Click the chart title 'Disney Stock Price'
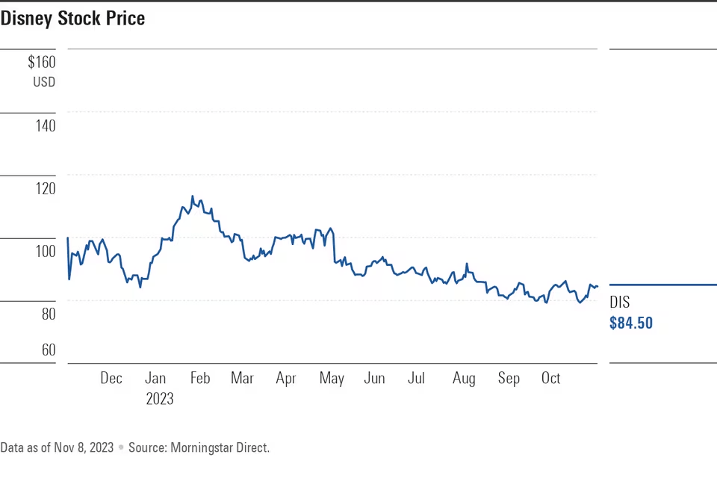[72, 19]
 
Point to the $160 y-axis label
[41, 63]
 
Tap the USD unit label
[43, 82]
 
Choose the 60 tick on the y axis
[46, 350]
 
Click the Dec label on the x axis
[111, 379]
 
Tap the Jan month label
[155, 379]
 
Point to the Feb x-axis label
[199, 379]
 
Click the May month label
[332, 379]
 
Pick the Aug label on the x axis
[464, 379]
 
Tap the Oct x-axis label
[550, 379]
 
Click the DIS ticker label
[620, 302]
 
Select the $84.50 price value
[631, 323]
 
